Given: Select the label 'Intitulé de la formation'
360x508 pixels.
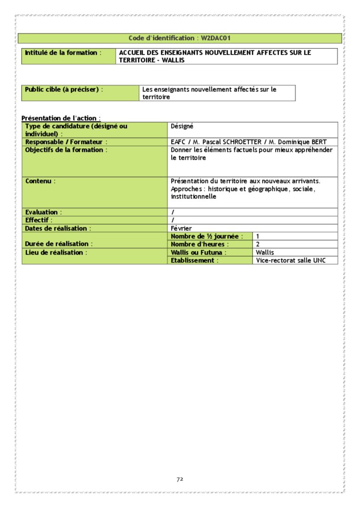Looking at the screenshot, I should tap(61, 53).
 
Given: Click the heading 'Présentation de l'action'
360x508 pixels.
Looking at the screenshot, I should tap(61, 118).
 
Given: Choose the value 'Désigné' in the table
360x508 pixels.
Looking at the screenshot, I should tap(182, 126).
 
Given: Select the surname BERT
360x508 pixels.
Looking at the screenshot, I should tap(318, 142).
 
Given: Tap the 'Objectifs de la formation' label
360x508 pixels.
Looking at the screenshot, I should tap(66, 150).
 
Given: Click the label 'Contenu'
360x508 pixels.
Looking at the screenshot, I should tap(40, 181).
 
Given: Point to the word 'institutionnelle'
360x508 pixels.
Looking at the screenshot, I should tap(193, 196).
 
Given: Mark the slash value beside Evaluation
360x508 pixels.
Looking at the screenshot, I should tap(173, 212).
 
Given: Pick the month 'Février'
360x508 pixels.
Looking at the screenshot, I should tap(181, 228).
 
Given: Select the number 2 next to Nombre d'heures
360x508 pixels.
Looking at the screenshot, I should tap(258, 244).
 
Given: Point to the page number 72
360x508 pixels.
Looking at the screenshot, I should tap(180, 479).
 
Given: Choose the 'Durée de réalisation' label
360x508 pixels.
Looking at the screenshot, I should tap(59, 244).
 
